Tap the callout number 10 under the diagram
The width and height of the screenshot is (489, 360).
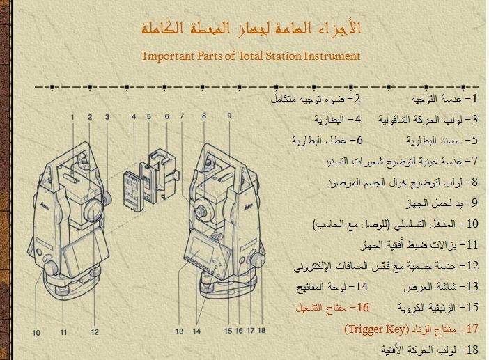[x=36, y=333]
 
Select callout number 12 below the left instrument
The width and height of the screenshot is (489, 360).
[x=95, y=332]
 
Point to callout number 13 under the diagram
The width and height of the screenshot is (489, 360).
[x=179, y=331]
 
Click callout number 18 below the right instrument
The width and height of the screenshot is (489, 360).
[x=262, y=330]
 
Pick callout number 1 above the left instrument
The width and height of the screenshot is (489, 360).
[x=72, y=117]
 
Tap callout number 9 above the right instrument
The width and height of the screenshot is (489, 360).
[x=229, y=116]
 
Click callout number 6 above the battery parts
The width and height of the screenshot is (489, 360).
[x=167, y=116]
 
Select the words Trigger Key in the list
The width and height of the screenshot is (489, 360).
[x=376, y=329]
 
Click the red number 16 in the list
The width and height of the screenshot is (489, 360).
[x=364, y=308]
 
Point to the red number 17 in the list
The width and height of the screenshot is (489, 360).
[x=472, y=329]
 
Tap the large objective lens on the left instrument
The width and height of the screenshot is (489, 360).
[x=94, y=211]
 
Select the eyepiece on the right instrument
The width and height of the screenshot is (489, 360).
[x=200, y=210]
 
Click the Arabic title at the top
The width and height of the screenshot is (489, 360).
[x=251, y=28]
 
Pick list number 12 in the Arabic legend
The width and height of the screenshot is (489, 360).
[x=472, y=265]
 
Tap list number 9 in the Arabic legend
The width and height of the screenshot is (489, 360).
[x=474, y=203]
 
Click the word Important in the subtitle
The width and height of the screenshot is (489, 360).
[x=169, y=56]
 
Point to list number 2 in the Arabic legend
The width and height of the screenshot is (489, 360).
[x=357, y=98]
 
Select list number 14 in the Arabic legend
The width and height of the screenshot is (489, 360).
[x=362, y=286]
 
